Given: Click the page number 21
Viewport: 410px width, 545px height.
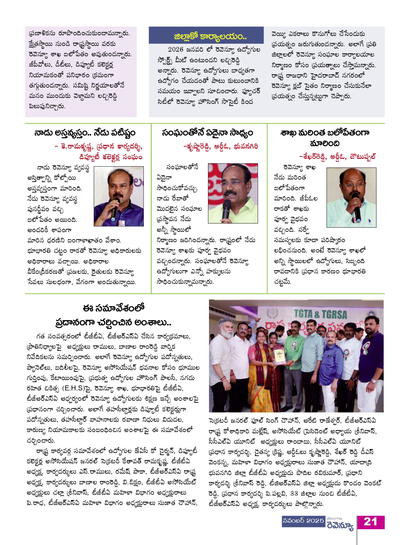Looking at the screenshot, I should (x=370, y=522).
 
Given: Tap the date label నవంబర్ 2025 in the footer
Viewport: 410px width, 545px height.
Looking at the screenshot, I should (x=303, y=521).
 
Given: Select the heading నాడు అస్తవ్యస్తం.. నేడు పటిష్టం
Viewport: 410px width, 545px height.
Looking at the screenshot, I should (x=85, y=133).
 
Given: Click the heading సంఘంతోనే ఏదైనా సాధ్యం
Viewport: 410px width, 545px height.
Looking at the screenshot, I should (x=207, y=133).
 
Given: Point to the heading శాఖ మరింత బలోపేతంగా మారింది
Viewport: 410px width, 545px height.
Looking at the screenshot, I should (x=325, y=138).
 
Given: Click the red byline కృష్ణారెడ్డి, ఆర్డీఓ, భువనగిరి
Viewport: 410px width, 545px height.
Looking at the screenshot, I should (x=221, y=146).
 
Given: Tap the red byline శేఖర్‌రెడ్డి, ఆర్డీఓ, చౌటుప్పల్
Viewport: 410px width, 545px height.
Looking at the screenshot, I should (x=337, y=157).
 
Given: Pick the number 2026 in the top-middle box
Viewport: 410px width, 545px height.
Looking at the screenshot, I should (x=175, y=50).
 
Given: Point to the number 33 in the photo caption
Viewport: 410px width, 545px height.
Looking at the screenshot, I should (x=294, y=493).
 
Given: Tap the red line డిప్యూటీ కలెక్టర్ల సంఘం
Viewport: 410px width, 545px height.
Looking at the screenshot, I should (x=111, y=157).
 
